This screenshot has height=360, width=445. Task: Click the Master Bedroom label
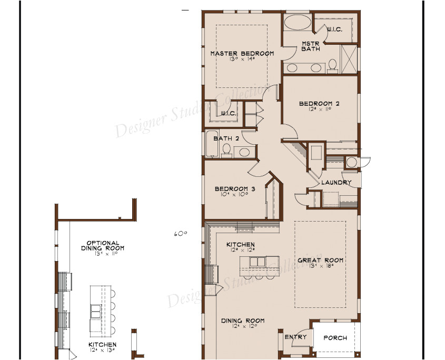click(242, 54)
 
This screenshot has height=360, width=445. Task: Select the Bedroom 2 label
click(319, 104)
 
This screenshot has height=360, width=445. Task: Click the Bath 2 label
click(223, 139)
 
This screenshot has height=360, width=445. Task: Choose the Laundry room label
click(337, 183)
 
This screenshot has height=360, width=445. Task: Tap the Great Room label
click(320, 260)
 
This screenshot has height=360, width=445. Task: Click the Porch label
click(335, 338)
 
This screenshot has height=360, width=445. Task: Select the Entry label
click(295, 337)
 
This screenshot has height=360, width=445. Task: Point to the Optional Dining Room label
click(99, 245)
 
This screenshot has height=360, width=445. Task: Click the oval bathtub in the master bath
click(298, 24)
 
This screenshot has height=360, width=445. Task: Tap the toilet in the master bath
click(332, 64)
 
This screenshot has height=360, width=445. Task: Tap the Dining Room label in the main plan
click(242, 321)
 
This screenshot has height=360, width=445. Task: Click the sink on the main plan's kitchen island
click(258, 262)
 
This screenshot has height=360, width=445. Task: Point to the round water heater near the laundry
click(351, 162)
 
